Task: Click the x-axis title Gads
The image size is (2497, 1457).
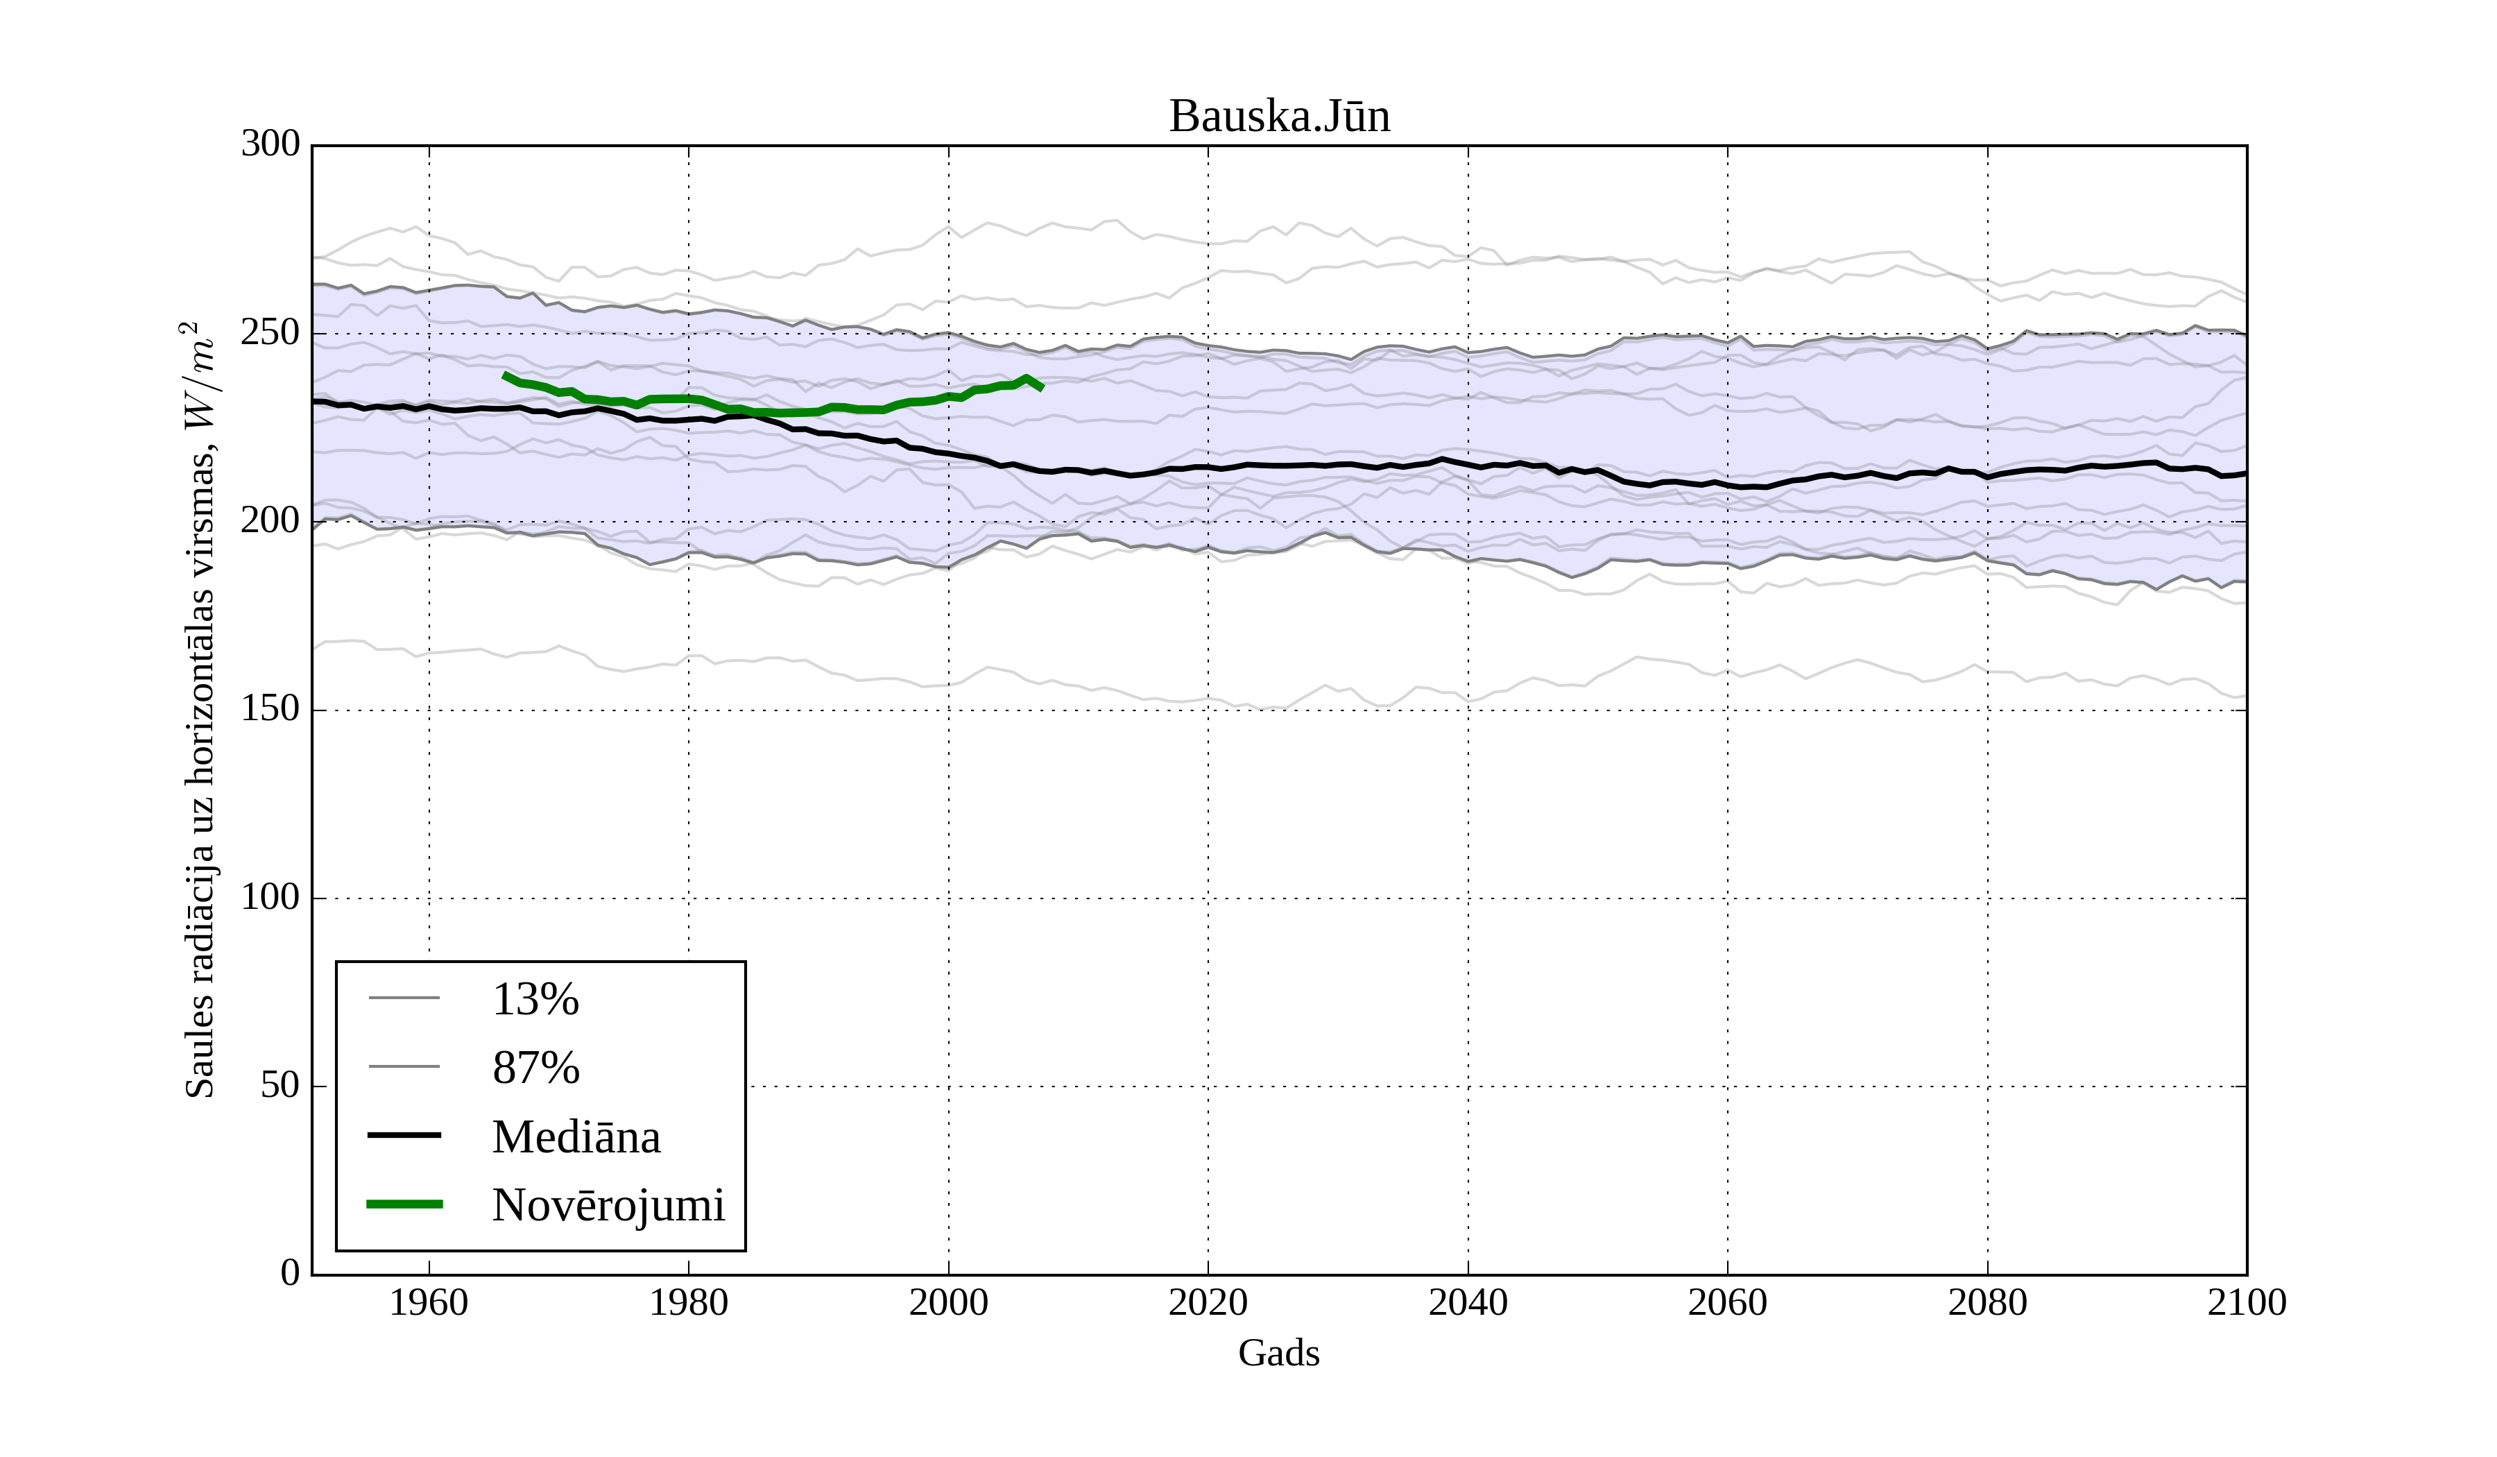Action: coord(1278,1354)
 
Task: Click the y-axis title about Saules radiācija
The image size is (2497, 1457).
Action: coord(199,710)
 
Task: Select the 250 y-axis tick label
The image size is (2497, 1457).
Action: coord(270,333)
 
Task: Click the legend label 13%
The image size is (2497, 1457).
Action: coord(535,999)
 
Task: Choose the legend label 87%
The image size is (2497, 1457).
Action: coord(535,1068)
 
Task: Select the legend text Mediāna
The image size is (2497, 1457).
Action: coord(576,1137)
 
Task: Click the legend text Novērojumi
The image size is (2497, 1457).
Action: coord(608,1205)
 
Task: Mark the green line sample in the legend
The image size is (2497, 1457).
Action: coord(404,1204)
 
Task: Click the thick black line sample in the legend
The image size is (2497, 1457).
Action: coord(404,1135)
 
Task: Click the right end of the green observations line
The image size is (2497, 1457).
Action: coord(1041,388)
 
